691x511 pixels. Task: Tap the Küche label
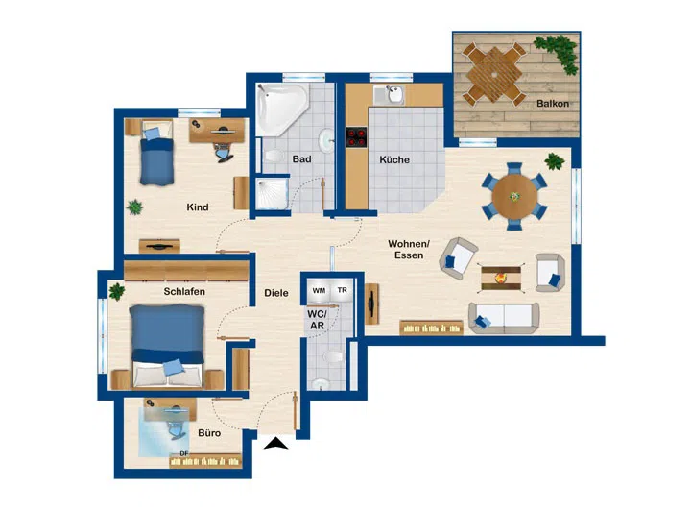[393, 160]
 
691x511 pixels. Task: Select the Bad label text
[301, 159]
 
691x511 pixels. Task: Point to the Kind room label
[198, 207]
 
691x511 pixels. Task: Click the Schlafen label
[184, 290]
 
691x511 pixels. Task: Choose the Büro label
[208, 433]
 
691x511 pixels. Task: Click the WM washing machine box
[319, 289]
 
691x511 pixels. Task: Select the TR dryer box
[342, 289]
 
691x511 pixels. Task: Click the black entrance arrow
[277, 444]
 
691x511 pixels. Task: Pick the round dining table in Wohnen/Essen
[513, 196]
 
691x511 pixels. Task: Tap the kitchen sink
[393, 95]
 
